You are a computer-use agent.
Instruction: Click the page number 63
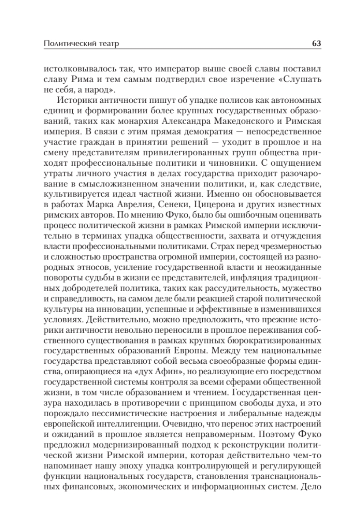tap(315, 44)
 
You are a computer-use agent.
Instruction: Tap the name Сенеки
tap(173, 206)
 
